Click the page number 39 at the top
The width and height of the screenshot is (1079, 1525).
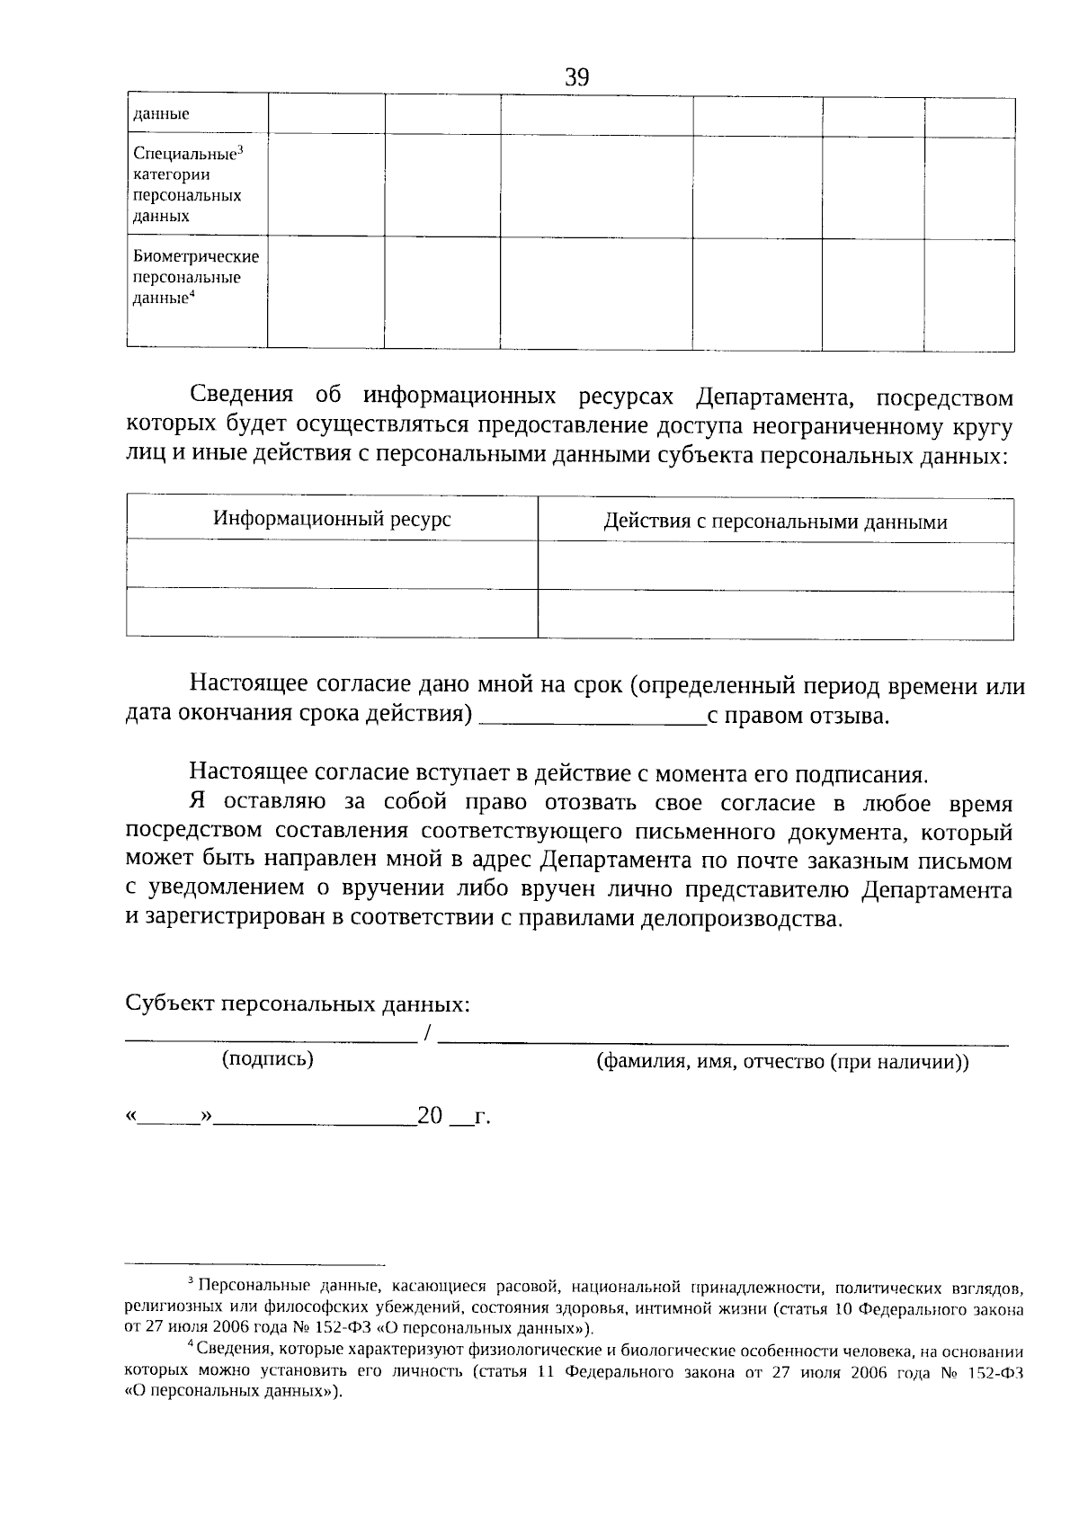click(x=577, y=78)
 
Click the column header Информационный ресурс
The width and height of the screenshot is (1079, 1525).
click(x=332, y=519)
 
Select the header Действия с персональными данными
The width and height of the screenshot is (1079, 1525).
click(x=775, y=522)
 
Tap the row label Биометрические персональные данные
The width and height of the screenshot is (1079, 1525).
click(x=195, y=277)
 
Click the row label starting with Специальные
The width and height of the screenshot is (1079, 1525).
click(x=188, y=184)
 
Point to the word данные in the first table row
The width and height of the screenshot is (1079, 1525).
click(x=161, y=115)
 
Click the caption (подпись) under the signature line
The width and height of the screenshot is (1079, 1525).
click(x=268, y=1059)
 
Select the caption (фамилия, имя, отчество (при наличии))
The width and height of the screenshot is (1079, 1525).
click(x=782, y=1062)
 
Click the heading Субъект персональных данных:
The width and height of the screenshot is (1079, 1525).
click(x=298, y=1004)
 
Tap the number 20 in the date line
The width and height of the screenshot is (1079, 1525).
click(x=431, y=1117)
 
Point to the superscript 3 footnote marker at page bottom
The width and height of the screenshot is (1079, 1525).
click(x=190, y=1280)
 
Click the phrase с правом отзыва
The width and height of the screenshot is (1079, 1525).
click(x=798, y=717)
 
